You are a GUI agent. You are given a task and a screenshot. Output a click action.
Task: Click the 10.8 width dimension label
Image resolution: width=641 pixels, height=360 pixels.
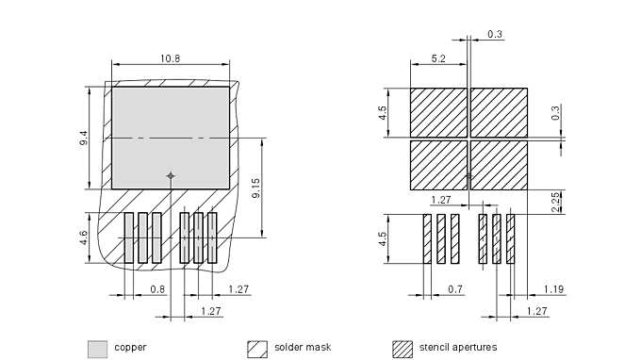[170, 58]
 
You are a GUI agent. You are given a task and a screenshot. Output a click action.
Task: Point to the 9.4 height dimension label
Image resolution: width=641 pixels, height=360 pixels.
[84, 138]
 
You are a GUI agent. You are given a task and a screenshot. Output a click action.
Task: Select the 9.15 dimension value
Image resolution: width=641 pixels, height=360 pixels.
[255, 188]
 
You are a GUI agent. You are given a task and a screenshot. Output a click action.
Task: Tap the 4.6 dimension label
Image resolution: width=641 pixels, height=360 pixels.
[84, 237]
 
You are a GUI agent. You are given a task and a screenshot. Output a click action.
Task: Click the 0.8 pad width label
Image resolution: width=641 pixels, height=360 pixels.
[157, 289]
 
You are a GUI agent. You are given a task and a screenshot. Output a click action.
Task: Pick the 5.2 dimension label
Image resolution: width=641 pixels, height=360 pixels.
[438, 58]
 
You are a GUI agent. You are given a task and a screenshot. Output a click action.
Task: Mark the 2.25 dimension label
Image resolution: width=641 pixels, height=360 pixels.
[555, 203]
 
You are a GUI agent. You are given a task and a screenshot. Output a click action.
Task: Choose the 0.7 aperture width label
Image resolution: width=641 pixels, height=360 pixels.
[455, 289]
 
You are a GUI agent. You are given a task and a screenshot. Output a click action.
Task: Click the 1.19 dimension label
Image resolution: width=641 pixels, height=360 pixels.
[554, 289]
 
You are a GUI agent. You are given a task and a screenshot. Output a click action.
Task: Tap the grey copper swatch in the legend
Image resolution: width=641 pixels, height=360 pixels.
[98, 350]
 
